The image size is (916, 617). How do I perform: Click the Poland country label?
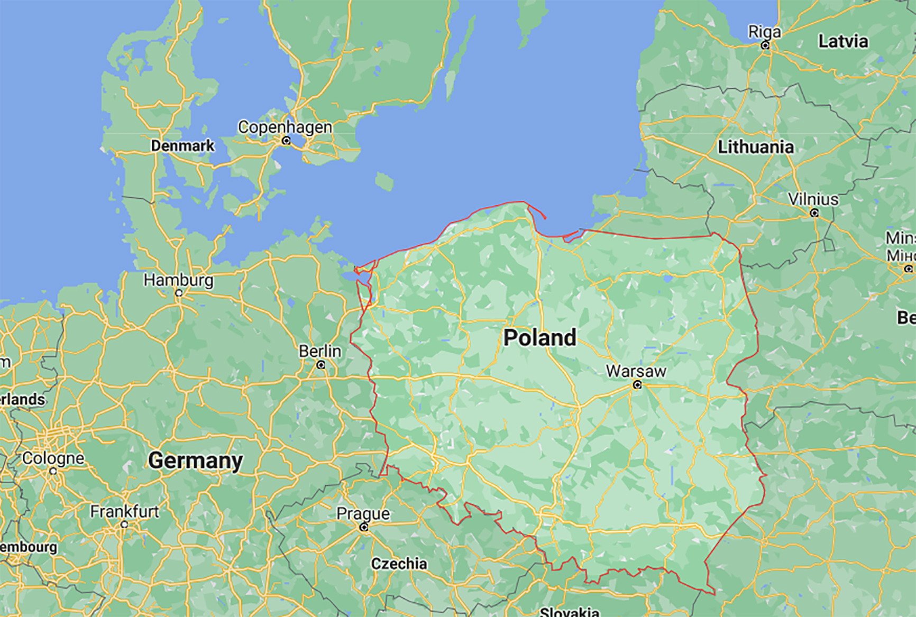539,338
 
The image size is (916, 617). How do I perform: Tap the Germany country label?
195,461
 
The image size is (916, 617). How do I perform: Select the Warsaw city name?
636,371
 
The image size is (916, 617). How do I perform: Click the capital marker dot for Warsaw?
637,385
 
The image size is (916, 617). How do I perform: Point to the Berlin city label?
319,351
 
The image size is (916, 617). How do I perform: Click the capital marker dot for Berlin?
320,365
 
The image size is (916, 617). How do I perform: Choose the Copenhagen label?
285,127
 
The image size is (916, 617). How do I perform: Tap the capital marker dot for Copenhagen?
286,141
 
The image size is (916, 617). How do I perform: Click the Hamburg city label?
178,280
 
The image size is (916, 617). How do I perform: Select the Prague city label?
363,513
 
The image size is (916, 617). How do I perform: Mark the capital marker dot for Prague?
364,527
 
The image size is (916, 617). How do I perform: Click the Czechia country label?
399,564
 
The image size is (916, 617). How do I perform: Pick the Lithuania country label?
755,147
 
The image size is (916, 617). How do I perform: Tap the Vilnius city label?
813,199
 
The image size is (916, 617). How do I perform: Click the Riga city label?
764,32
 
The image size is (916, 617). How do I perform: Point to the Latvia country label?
843,41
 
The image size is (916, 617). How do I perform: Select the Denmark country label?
182,145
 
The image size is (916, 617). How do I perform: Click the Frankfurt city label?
124,511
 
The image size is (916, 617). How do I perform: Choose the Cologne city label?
53,458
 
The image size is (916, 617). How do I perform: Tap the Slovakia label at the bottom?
569,612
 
